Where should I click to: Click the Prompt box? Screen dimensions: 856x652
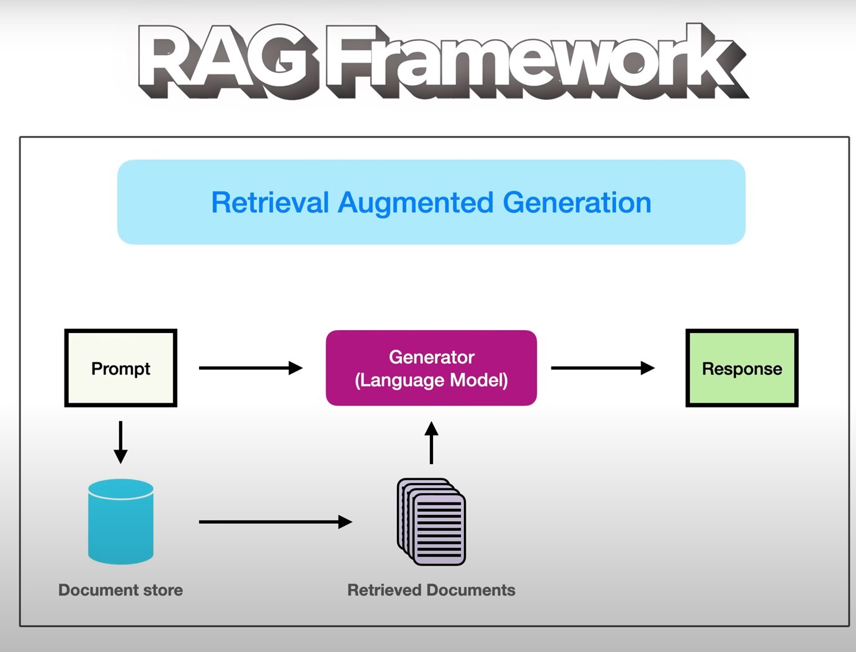pos(120,368)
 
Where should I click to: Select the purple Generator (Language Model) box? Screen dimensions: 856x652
pos(431,368)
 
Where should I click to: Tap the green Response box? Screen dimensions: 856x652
pos(742,368)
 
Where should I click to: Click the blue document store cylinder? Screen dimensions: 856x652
pos(120,521)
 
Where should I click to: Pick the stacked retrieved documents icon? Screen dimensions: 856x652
pos(431,522)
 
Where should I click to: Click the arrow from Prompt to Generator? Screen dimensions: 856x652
pos(251,368)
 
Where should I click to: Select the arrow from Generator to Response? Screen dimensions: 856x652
pos(603,368)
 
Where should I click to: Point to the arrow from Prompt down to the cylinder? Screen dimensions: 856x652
pos(120,442)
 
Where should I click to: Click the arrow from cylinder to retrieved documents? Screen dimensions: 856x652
pos(275,522)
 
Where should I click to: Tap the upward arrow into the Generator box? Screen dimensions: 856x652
pos(431,442)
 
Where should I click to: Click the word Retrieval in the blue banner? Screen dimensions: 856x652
pos(270,202)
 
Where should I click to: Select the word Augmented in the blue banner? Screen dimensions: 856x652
pos(416,203)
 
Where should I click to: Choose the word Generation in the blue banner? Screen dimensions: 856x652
pos(577,202)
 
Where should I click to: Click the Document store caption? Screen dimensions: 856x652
pos(120,590)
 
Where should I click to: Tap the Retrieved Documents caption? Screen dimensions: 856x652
pos(431,590)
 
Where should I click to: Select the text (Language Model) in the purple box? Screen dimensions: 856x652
pos(431,380)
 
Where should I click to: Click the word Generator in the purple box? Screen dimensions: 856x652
pos(432,357)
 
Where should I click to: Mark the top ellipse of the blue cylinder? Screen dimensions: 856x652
pos(120,489)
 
